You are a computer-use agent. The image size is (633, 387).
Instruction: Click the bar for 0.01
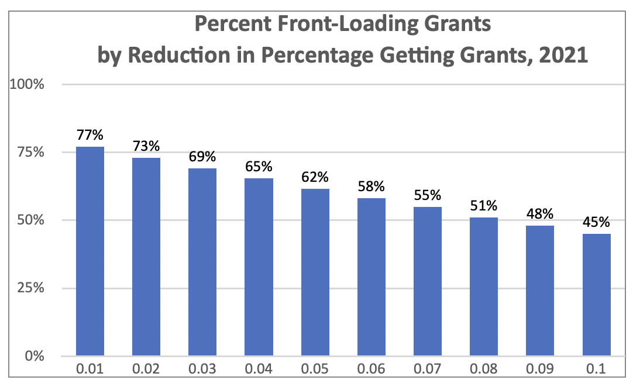[x=90, y=251]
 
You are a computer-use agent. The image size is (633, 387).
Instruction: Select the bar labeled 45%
[x=597, y=295]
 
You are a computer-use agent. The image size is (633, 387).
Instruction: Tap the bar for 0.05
[x=315, y=272]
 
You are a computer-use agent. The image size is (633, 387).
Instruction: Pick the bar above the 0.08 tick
[x=484, y=287]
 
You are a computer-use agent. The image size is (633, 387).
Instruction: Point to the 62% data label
[x=315, y=177]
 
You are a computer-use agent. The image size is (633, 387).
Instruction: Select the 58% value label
[x=371, y=187]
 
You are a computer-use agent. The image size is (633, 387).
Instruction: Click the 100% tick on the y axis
[x=28, y=84]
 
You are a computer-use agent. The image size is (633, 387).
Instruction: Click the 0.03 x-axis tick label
[x=202, y=371]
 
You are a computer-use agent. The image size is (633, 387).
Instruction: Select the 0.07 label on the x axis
[x=428, y=371]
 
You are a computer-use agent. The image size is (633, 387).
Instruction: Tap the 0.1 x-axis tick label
[x=597, y=371]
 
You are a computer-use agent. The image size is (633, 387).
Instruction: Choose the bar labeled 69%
[x=202, y=262]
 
